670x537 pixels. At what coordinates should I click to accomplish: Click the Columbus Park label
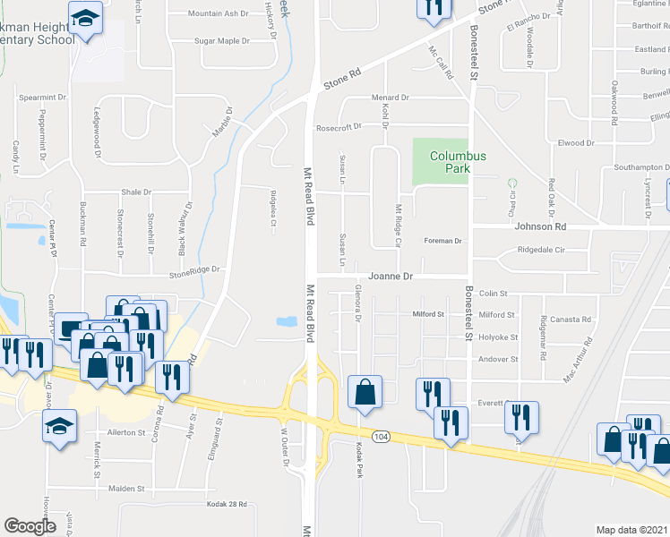(x=457, y=162)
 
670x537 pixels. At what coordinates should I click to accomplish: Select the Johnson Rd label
(x=541, y=226)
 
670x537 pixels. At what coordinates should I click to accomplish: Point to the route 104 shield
(x=382, y=436)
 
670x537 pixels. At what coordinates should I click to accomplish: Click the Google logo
(x=30, y=526)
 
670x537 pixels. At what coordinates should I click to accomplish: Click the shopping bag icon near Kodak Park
(x=365, y=392)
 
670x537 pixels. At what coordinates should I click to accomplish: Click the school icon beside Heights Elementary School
(x=87, y=20)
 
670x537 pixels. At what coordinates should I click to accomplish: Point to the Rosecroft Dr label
(x=338, y=127)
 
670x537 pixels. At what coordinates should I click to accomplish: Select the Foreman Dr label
(x=442, y=241)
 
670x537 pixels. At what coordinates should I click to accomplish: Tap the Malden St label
(x=126, y=489)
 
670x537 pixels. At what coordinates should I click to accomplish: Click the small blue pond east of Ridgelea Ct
(x=288, y=321)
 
